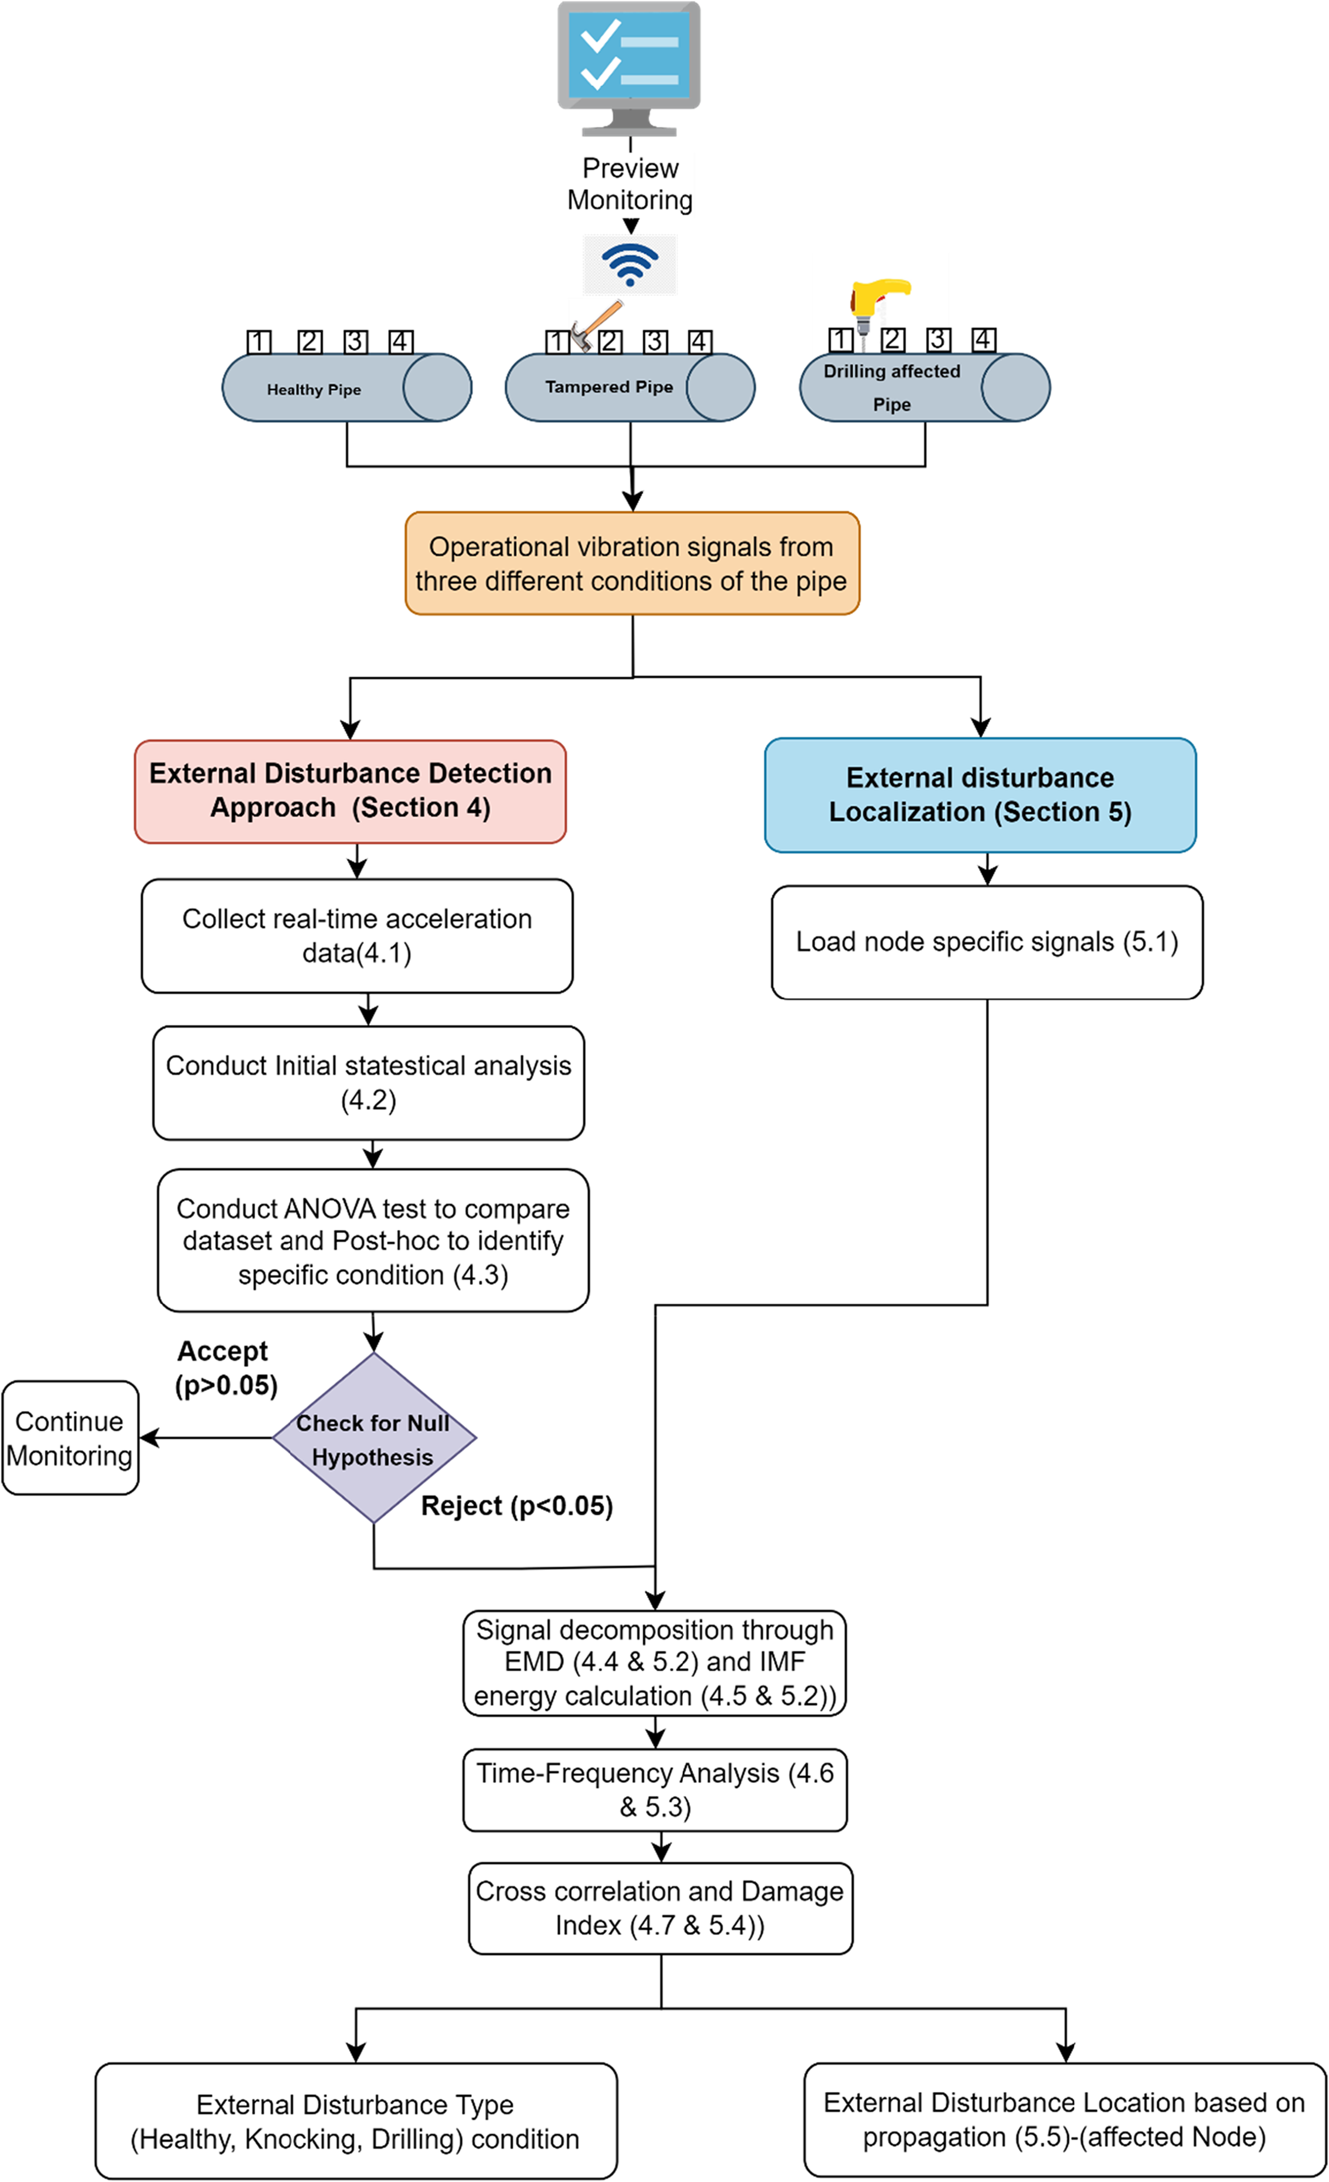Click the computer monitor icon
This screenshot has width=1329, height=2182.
(x=629, y=68)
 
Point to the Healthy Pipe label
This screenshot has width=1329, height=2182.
(x=314, y=390)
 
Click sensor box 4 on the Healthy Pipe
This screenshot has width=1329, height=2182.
(x=400, y=342)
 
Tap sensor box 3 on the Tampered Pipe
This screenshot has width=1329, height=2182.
(x=655, y=342)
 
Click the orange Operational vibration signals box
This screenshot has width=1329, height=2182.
(x=632, y=563)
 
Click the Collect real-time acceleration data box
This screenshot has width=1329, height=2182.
(x=357, y=936)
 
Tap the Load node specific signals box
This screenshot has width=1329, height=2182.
(x=987, y=942)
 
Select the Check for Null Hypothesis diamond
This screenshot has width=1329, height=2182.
(x=374, y=1438)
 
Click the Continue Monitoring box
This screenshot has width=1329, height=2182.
(x=70, y=1438)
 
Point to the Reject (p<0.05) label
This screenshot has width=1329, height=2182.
(x=517, y=1505)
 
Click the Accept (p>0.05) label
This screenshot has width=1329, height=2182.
(x=226, y=1368)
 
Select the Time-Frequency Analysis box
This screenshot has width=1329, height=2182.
(x=655, y=1790)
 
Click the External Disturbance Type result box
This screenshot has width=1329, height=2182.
(x=356, y=2121)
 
